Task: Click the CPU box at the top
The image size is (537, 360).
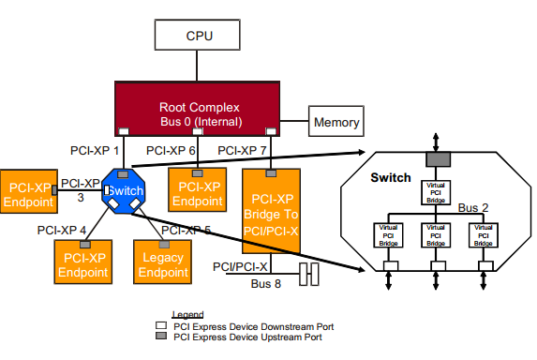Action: point(199,37)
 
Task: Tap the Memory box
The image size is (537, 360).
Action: point(336,123)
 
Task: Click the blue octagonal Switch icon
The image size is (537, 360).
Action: point(124,190)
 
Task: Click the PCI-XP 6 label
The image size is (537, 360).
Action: point(172,149)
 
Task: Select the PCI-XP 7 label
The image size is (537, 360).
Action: point(243,149)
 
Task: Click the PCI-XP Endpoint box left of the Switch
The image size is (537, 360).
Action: point(28,193)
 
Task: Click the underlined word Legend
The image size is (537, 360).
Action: point(187,315)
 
